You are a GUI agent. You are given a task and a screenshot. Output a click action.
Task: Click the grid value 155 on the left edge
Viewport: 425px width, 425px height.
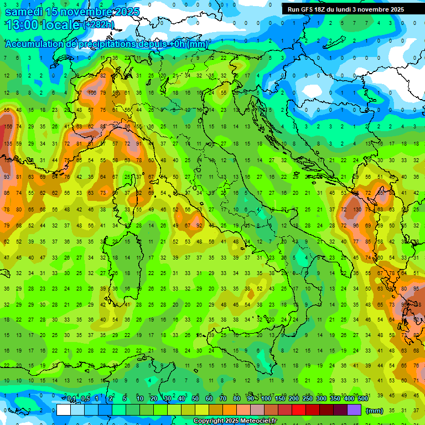pyautogui.click(x=7, y=127)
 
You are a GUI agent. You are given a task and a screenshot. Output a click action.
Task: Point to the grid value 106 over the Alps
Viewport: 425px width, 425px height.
pyautogui.click(x=92, y=92)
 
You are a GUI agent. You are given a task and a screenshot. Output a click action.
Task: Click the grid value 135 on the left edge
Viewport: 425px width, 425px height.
pyautogui.click(x=7, y=144)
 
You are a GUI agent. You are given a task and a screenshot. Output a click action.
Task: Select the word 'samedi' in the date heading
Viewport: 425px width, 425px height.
pyautogui.click(x=23, y=12)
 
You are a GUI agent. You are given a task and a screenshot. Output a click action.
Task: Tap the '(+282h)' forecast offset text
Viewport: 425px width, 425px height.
pyautogui.click(x=99, y=25)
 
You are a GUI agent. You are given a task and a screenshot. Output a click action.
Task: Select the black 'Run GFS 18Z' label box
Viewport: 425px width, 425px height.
pyautogui.click(x=346, y=9)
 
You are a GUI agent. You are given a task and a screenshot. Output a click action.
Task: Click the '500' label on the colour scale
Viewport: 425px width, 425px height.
pyautogui.click(x=362, y=399)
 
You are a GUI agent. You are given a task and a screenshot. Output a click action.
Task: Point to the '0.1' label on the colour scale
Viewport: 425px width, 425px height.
pyautogui.click(x=71, y=399)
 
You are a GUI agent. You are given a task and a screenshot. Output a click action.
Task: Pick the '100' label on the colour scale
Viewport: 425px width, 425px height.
pyautogui.click(x=266, y=399)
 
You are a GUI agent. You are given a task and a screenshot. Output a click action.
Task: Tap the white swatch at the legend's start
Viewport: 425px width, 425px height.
pyautogui.click(x=64, y=410)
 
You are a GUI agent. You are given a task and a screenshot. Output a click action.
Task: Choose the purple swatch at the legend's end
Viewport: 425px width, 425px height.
pyautogui.click(x=354, y=410)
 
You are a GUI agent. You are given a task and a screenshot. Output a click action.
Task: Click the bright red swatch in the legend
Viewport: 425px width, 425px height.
pyautogui.click(x=299, y=410)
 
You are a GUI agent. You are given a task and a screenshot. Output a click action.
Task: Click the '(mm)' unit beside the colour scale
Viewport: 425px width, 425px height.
pyautogui.click(x=375, y=410)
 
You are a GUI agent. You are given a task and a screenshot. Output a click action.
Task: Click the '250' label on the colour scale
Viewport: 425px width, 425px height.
pyautogui.click(x=307, y=399)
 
